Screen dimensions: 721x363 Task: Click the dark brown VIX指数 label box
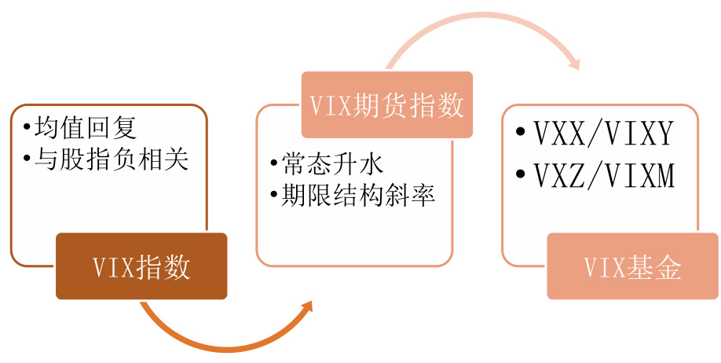141,266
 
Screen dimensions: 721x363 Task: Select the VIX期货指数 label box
387,104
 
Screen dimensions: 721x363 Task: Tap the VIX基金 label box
633,266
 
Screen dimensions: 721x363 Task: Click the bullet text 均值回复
86,127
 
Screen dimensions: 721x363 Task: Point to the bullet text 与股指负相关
112,159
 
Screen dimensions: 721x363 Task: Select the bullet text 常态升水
333,164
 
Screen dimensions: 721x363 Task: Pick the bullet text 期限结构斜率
359,196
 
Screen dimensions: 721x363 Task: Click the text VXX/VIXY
604,134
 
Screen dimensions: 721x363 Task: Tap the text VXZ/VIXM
604,176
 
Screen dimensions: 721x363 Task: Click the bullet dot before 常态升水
274,164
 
